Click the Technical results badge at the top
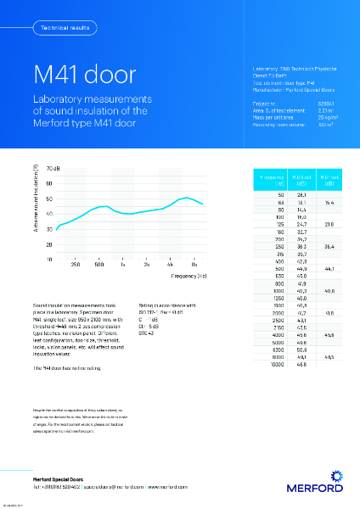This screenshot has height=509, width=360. click(x=60, y=28)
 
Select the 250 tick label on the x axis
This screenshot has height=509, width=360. click(x=76, y=265)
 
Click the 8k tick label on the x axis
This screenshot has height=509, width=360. click(x=194, y=265)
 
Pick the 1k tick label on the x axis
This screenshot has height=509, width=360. click(x=123, y=265)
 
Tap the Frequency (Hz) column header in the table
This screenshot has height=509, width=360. click(x=269, y=180)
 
